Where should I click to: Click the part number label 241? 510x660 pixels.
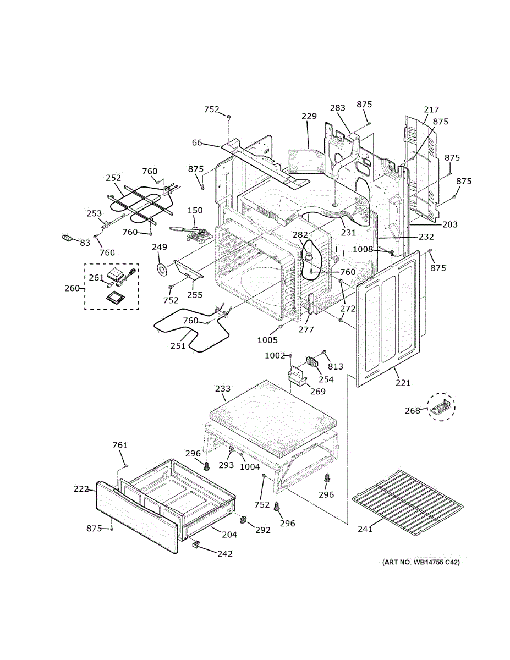[365, 529]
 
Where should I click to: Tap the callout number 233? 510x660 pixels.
[222, 389]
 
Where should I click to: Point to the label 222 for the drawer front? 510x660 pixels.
[81, 488]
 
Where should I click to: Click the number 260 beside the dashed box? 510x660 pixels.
[72, 288]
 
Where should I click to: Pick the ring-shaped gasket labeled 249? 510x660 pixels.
[162, 269]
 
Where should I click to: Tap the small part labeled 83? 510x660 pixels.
[67, 237]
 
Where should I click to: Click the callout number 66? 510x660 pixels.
[196, 143]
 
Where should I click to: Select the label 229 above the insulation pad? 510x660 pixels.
[309, 116]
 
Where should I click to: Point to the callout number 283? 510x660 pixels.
[338, 108]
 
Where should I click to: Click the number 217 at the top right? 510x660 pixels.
[431, 109]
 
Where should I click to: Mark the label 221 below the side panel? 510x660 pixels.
[403, 383]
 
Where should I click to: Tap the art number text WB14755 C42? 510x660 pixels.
[421, 563]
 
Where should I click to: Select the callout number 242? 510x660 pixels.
[224, 554]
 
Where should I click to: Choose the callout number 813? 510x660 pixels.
[335, 367]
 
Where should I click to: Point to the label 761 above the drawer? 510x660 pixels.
[120, 445]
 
